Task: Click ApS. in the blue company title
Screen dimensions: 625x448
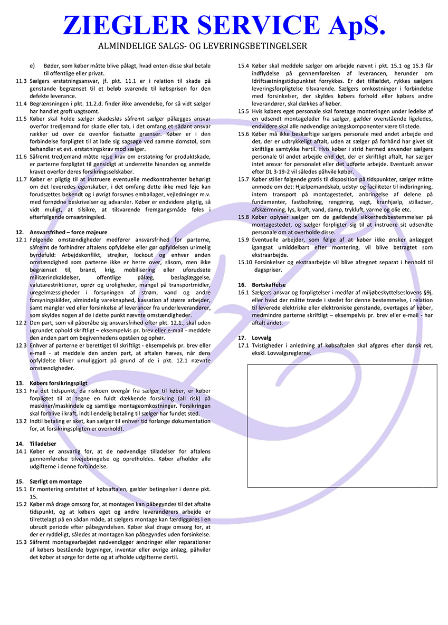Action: (x=349, y=25)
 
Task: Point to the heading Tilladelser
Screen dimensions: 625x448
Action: (x=43, y=444)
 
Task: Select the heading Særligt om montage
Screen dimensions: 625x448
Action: (x=56, y=482)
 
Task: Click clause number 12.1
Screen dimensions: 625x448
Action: (x=21, y=240)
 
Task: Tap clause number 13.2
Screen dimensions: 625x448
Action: (x=21, y=421)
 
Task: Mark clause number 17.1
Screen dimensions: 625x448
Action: (x=243, y=345)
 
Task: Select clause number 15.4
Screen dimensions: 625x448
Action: (x=243, y=66)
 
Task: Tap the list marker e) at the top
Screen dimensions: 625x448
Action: (x=33, y=66)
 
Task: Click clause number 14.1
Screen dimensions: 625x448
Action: (x=21, y=451)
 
